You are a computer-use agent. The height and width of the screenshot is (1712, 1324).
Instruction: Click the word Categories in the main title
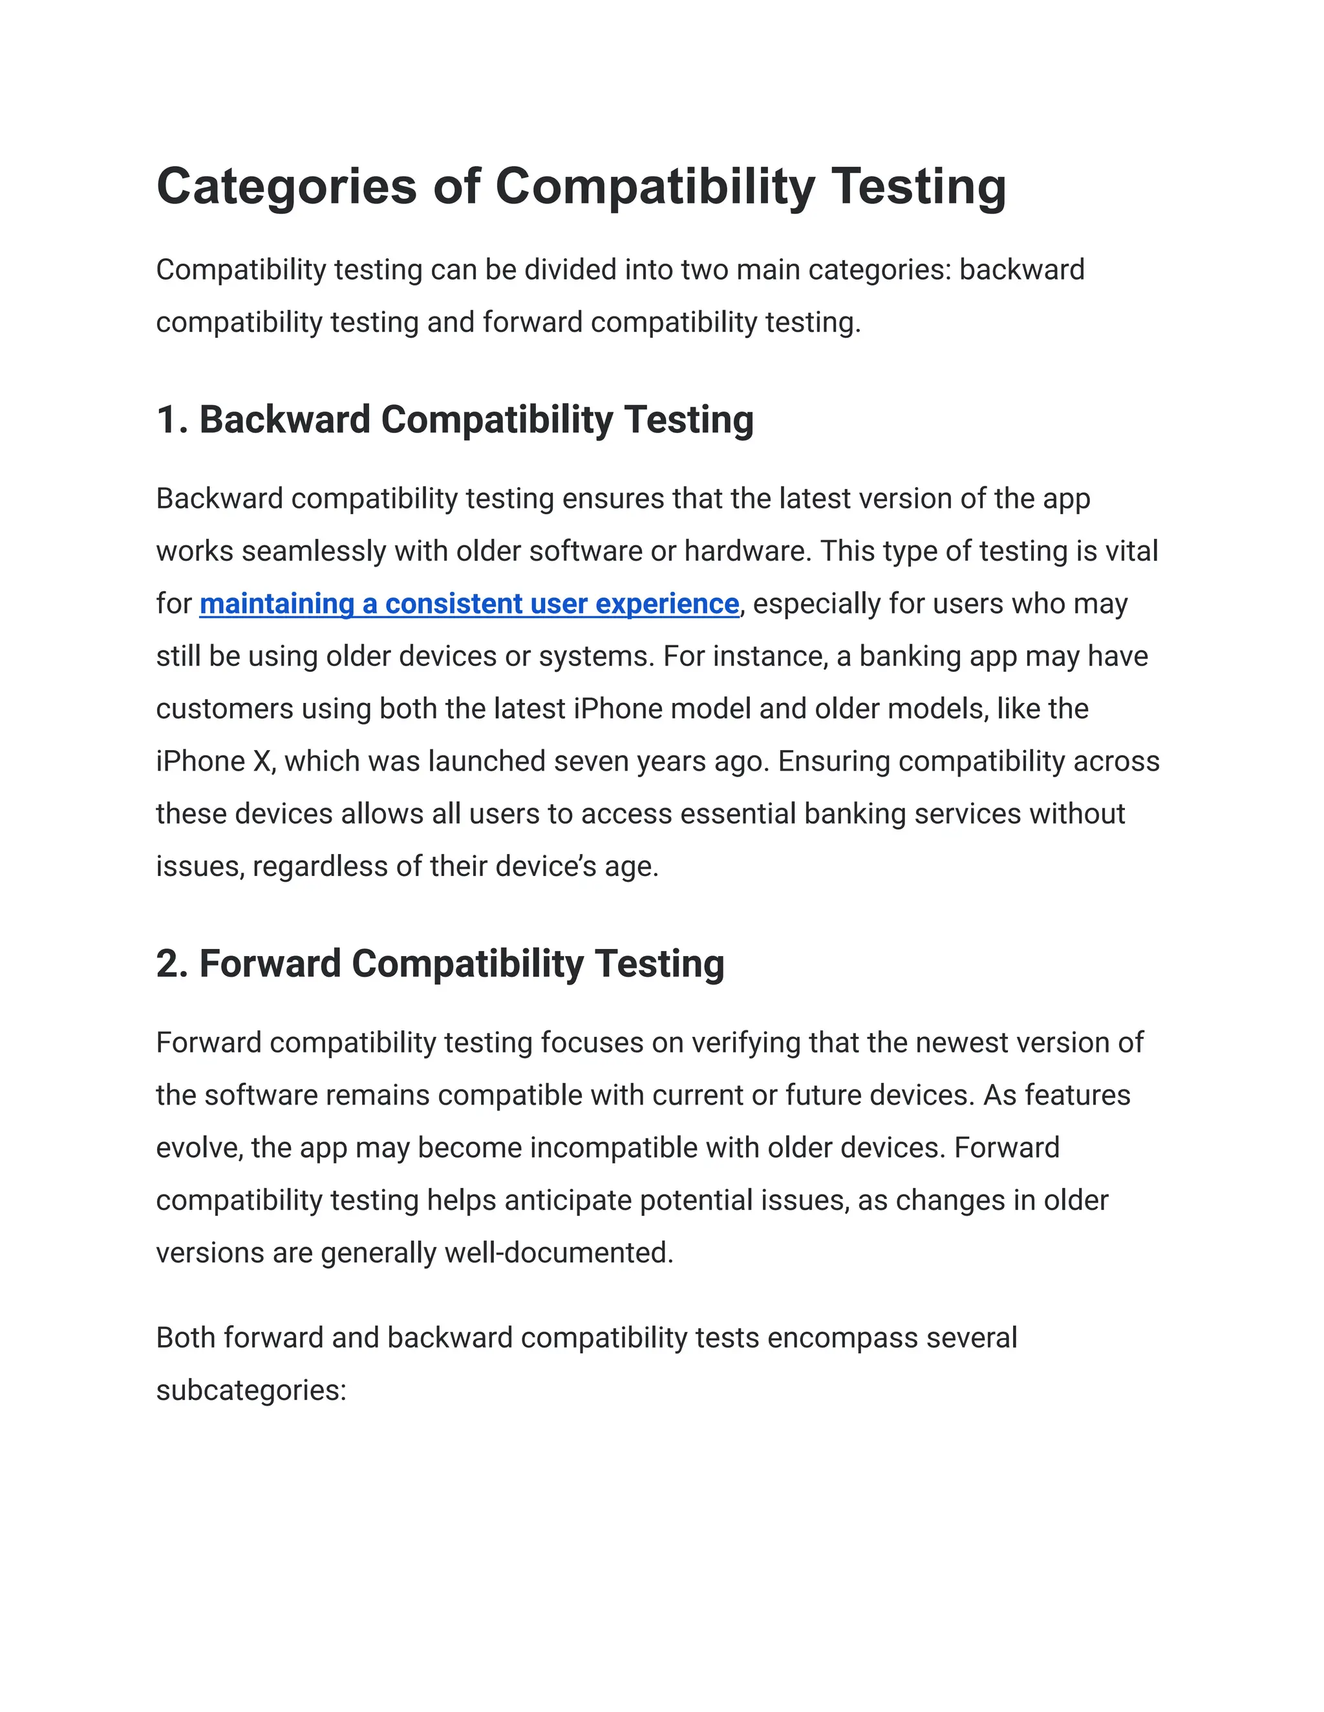click(286, 187)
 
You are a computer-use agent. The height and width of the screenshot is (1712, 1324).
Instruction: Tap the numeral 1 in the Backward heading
click(167, 419)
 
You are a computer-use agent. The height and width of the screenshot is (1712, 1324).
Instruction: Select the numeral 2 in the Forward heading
click(169, 963)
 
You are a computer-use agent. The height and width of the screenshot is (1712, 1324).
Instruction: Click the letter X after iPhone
click(261, 761)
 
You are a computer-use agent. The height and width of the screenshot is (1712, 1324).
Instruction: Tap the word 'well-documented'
click(559, 1253)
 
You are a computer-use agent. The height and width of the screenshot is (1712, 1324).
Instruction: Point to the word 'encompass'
click(842, 1337)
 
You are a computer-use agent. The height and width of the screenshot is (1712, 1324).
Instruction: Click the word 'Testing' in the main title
click(919, 187)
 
